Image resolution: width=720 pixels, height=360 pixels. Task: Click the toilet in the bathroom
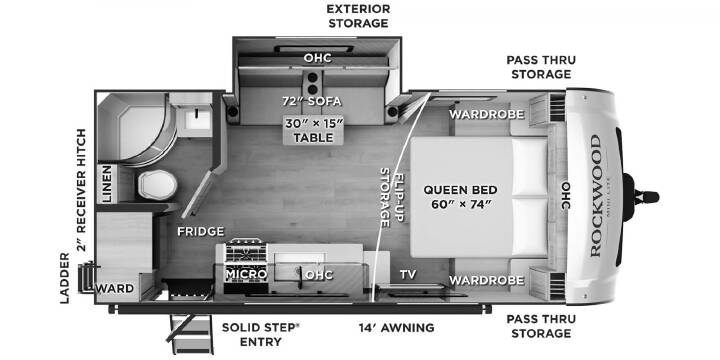pyautogui.click(x=158, y=185)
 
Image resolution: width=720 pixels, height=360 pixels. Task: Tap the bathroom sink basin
pyautogui.click(x=198, y=119)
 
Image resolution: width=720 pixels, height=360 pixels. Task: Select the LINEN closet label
pyautogui.click(x=107, y=184)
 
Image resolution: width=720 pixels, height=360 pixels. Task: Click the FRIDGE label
pyautogui.click(x=201, y=231)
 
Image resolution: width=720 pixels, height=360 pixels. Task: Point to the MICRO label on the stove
pyautogui.click(x=246, y=274)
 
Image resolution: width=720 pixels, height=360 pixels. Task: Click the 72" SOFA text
pyautogui.click(x=312, y=101)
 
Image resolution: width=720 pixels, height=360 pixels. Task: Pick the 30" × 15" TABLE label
pyautogui.click(x=313, y=130)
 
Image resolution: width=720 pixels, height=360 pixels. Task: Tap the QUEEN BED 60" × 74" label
pyautogui.click(x=461, y=197)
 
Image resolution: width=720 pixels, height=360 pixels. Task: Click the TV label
pyautogui.click(x=408, y=275)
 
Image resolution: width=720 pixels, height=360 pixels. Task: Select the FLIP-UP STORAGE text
pyautogui.click(x=392, y=197)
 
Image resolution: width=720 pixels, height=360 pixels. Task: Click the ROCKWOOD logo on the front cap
pyautogui.click(x=596, y=196)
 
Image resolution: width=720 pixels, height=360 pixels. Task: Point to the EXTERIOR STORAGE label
pyautogui.click(x=359, y=16)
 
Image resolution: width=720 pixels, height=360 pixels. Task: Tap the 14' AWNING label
pyautogui.click(x=396, y=327)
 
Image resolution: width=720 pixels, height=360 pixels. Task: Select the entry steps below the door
pyautogui.click(x=189, y=334)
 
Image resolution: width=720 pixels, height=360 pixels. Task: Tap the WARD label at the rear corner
pyautogui.click(x=114, y=289)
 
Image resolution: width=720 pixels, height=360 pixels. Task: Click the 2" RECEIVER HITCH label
pyautogui.click(x=82, y=190)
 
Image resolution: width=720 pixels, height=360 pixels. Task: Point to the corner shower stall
pyautogui.click(x=134, y=128)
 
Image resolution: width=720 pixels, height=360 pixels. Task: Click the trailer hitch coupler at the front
pyautogui.click(x=647, y=197)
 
